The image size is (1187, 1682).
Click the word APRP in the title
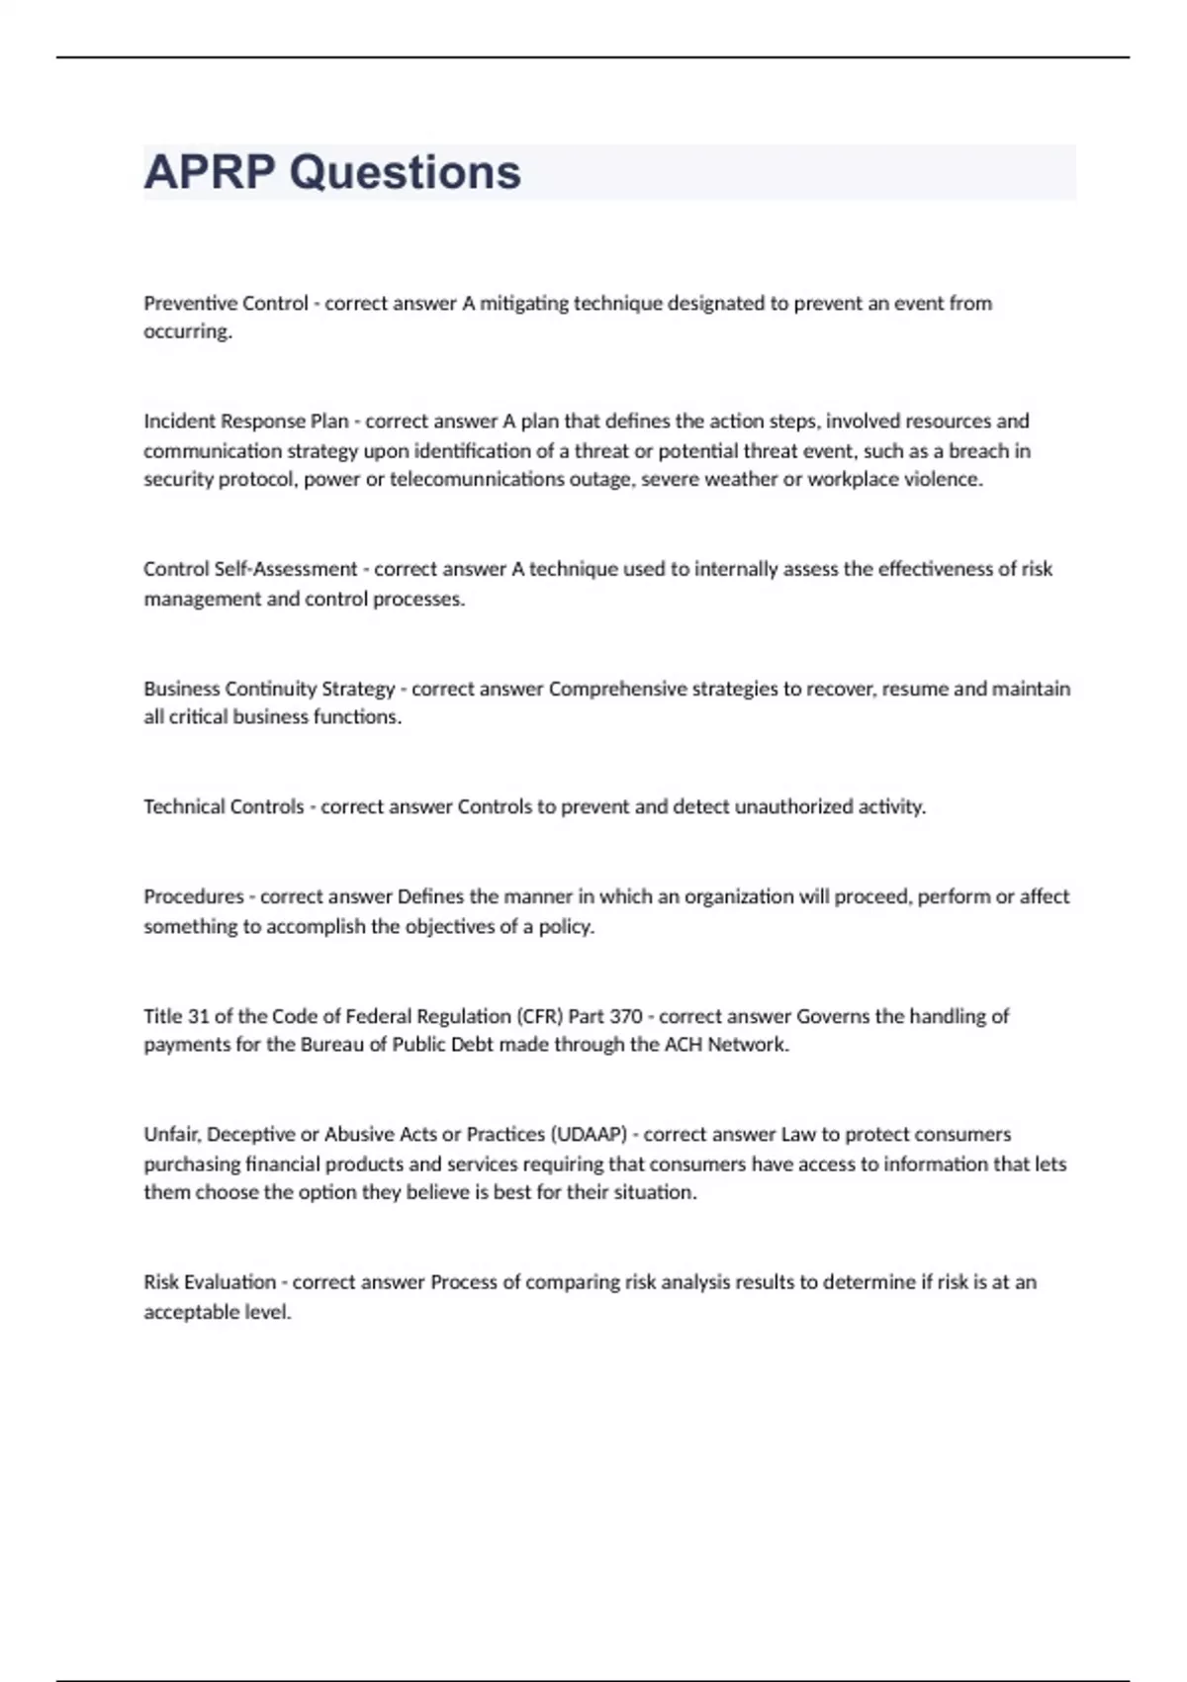pos(209,172)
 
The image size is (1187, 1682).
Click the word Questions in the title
pos(405,172)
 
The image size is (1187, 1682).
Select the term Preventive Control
pos(226,303)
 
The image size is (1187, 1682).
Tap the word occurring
pos(188,332)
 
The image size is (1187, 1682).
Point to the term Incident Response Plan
pos(245,421)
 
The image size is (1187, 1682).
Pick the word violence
pos(944,480)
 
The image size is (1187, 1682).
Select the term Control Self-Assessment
pos(250,569)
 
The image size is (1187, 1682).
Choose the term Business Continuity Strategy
pos(269,689)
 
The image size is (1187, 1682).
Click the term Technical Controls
pos(224,807)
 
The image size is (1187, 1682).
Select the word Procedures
pos(193,897)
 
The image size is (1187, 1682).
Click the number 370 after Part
pos(625,1016)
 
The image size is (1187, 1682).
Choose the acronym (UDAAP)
pos(589,1135)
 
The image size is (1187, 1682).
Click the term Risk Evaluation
pos(210,1282)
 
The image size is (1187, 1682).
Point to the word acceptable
pos(191,1313)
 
